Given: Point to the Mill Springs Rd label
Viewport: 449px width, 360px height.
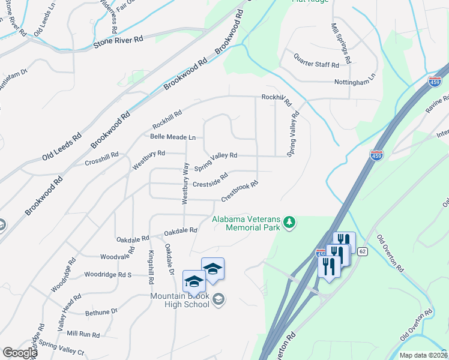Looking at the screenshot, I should (340, 45).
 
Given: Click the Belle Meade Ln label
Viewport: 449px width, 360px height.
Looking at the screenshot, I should (173, 137).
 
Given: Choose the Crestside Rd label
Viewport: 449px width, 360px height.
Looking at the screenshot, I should (210, 180).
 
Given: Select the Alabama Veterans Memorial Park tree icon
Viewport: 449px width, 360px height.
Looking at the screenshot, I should (290, 223).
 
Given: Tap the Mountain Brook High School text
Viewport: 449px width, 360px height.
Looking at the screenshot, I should (180, 300).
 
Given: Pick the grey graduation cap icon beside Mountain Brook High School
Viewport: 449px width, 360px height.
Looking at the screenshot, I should (219, 299).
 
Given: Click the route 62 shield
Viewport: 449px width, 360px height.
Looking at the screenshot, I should (362, 251).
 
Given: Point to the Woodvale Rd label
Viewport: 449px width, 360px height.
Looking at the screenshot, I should (115, 257).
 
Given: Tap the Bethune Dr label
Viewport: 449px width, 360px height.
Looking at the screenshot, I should (101, 312).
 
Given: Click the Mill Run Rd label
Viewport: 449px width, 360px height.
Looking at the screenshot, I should (83, 334).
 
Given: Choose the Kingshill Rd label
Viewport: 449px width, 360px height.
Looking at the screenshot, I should (151, 268).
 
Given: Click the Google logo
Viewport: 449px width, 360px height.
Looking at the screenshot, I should (20, 353).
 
